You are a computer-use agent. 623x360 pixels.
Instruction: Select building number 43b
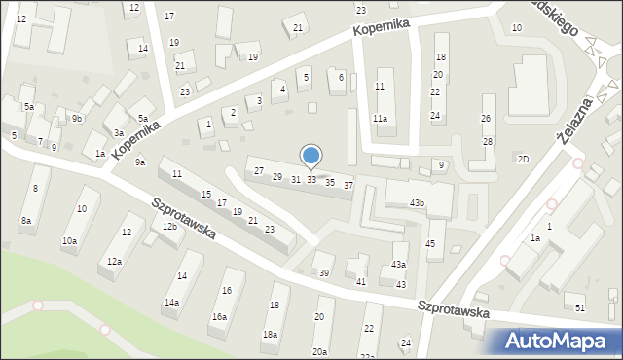point(417,202)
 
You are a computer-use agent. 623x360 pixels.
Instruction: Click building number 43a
point(398,265)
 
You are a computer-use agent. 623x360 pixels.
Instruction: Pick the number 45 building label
point(430,243)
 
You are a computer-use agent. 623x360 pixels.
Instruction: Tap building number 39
point(325,273)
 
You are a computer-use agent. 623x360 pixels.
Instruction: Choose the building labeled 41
point(360,281)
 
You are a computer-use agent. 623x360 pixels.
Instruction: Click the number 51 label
point(580,307)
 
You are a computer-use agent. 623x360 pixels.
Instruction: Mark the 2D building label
point(524,159)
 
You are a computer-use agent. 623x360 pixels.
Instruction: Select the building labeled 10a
point(69,240)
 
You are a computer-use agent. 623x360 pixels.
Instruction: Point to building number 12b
point(169,227)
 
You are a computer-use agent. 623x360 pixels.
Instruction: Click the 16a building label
point(219,316)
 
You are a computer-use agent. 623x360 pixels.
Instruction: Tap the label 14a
point(171,303)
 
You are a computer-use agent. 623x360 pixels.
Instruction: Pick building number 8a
point(26,221)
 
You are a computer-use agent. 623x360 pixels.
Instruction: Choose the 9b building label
point(76,119)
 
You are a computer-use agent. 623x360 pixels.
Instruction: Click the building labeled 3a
point(118,132)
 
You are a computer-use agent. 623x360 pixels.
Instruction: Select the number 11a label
point(380,119)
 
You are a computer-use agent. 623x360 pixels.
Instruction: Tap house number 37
point(348,185)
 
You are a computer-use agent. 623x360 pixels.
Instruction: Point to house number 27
point(259,171)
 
